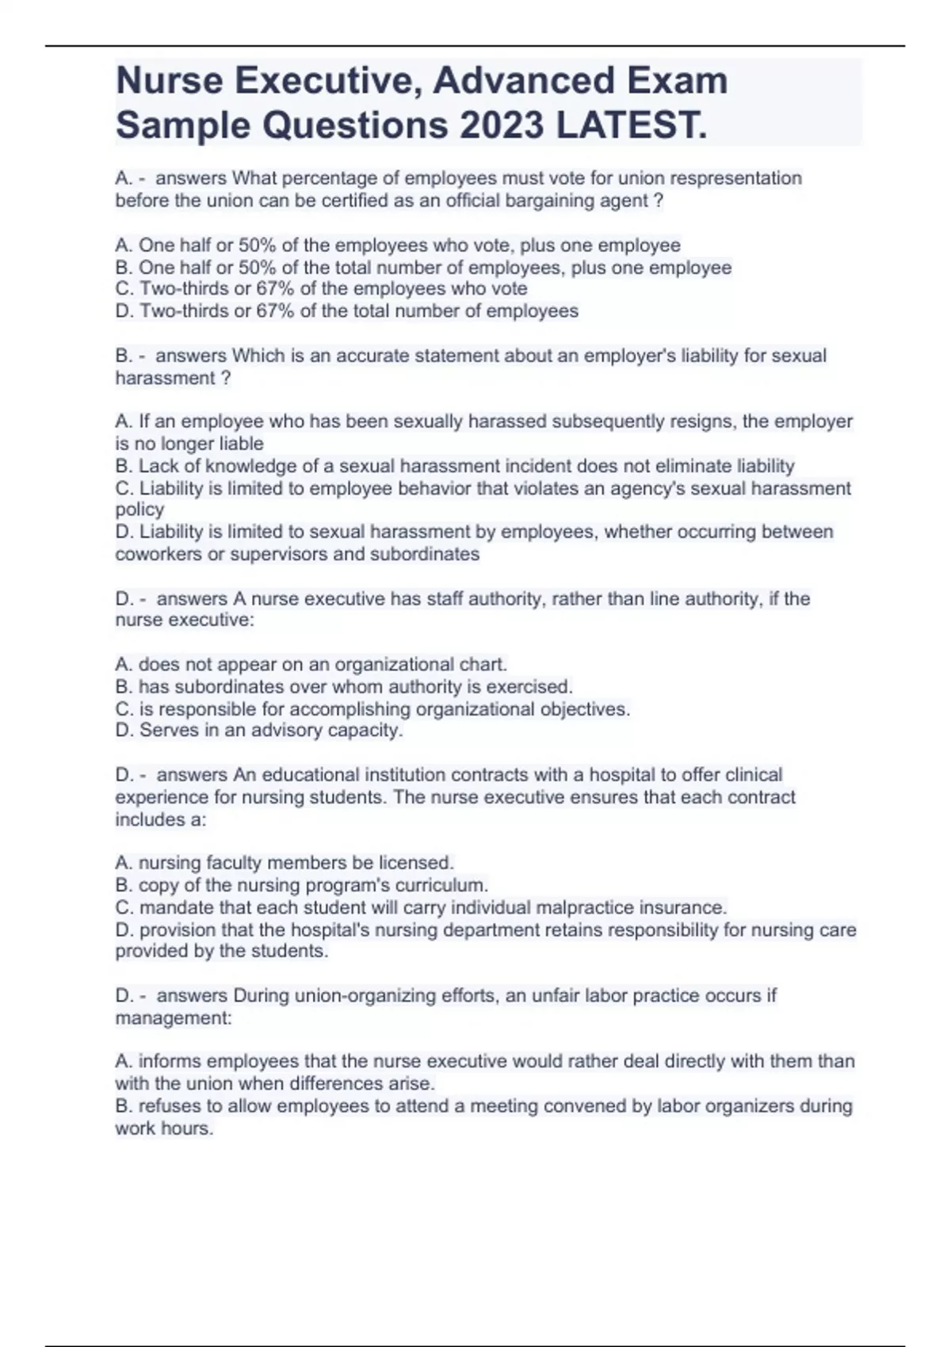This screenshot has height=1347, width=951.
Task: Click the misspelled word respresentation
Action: click(x=737, y=178)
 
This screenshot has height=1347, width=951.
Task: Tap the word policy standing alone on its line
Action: click(x=139, y=509)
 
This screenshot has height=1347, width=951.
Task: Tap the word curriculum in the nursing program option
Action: click(x=441, y=885)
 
